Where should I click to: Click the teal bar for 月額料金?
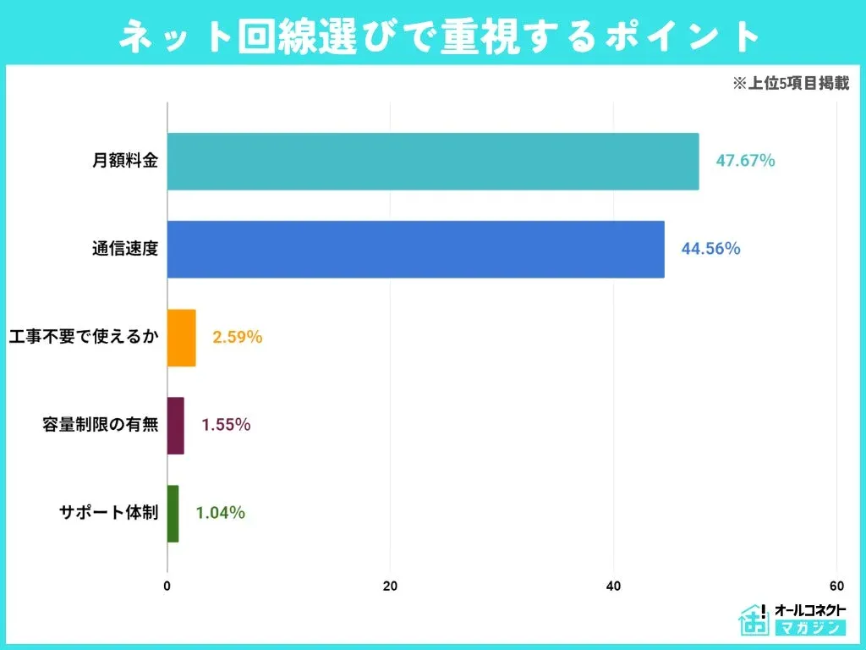(x=433, y=161)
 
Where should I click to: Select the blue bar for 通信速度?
(x=415, y=249)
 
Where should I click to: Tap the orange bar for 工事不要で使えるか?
(x=181, y=337)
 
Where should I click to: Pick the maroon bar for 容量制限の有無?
(x=175, y=425)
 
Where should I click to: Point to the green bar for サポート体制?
(x=173, y=513)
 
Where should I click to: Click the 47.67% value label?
(x=745, y=161)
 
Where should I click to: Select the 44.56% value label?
(x=710, y=249)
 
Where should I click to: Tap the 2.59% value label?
(x=237, y=337)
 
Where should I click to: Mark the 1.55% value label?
(x=225, y=425)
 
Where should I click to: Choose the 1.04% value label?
(x=220, y=513)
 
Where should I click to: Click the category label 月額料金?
(x=125, y=161)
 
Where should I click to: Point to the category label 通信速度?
(x=125, y=249)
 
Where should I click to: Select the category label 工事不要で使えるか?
(x=82, y=337)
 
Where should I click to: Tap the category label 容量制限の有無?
(x=100, y=425)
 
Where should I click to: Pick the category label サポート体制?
(x=108, y=513)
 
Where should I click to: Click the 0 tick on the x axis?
(x=167, y=586)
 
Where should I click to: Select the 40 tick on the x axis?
(x=613, y=586)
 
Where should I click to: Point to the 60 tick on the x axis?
(x=836, y=586)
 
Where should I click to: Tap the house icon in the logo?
(x=751, y=620)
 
